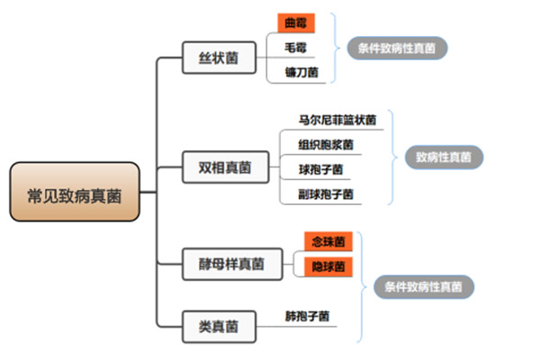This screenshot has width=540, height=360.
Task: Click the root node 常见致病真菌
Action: coord(75,192)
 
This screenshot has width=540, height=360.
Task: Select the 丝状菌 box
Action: coord(219,58)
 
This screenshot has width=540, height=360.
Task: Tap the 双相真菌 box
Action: coord(224,166)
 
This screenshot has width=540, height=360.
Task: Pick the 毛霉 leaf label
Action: coord(294,47)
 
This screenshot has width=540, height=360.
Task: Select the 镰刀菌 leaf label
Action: coord(300,71)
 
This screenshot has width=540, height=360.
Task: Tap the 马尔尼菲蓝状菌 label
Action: coord(337,118)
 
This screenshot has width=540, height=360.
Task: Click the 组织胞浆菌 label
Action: coord(326,144)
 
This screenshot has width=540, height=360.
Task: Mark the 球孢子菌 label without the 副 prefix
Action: coord(320,168)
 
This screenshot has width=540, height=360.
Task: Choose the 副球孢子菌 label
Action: coord(326,193)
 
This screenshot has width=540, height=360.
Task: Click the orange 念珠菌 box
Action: coord(328,242)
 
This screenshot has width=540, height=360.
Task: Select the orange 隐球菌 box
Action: coord(328,267)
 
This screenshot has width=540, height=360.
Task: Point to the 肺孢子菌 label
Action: coord(307,316)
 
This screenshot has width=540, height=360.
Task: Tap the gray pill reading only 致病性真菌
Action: coord(444,157)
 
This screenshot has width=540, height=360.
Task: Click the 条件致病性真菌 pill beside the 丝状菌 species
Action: coord(398,47)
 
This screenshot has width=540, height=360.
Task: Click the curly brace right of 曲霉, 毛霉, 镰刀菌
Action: coord(336,47)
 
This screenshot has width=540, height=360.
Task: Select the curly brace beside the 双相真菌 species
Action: coord(392,157)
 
